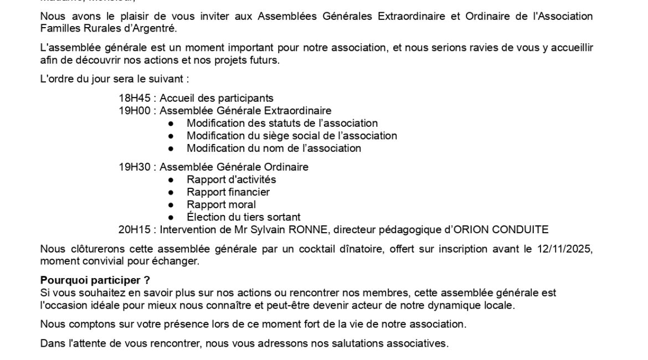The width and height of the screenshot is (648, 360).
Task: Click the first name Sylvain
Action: (265, 229)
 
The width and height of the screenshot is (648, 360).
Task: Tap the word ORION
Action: (468, 229)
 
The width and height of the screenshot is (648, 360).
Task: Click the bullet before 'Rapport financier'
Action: (172, 192)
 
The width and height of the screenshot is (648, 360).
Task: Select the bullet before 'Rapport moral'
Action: (172, 205)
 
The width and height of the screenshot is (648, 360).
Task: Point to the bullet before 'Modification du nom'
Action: (172, 148)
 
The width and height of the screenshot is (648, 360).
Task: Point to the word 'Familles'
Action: (58, 28)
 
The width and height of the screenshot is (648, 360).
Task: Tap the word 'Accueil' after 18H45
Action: (176, 99)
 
